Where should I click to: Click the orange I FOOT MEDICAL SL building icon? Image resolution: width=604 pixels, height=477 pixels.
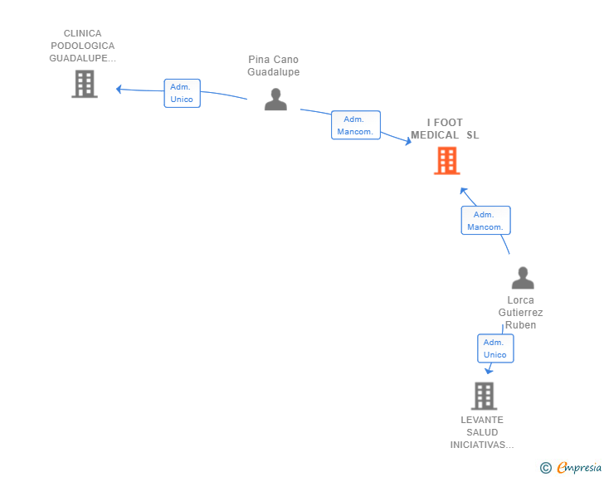coord(447,161)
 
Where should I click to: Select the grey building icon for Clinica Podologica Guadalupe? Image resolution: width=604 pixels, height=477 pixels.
coord(85,84)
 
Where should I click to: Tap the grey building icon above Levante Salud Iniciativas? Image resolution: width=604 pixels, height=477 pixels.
coord(485,396)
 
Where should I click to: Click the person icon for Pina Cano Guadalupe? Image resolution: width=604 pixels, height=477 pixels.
coord(275,99)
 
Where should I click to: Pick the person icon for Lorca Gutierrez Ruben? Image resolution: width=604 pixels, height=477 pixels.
coord(523,277)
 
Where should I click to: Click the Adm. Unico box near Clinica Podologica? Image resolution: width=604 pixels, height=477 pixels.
coord(183,93)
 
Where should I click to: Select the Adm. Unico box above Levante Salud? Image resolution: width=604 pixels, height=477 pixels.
coord(495,348)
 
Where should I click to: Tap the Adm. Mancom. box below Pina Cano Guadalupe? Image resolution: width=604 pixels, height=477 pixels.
coord(356,124)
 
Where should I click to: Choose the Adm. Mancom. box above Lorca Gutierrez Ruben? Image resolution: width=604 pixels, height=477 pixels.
coord(485,221)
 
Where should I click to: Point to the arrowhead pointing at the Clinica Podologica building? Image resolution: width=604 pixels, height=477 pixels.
coord(119,89)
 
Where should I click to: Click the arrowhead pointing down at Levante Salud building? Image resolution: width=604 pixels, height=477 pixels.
coord(489,371)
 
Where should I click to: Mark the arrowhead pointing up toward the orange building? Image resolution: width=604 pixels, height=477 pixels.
coord(464,191)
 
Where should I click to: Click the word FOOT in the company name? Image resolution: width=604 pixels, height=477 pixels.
coord(448,123)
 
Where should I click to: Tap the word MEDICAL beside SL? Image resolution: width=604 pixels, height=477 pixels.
coord(435,135)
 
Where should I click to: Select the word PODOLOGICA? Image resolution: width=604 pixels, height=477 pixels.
coord(83,46)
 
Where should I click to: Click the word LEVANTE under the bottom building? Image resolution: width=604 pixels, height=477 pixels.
coord(482,420)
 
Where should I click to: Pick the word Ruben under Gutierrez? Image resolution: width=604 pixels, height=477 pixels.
coord(520,325)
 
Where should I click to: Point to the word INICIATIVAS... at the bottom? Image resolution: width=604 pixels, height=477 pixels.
coord(482,445)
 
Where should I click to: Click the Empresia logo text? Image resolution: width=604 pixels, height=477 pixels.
coord(579,467)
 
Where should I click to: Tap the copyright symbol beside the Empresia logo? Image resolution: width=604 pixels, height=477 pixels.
coord(546,468)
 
